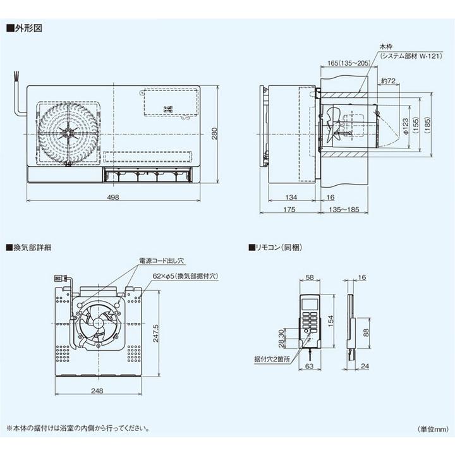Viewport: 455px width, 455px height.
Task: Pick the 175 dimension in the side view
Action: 289,209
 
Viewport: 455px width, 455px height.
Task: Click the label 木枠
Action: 385,47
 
